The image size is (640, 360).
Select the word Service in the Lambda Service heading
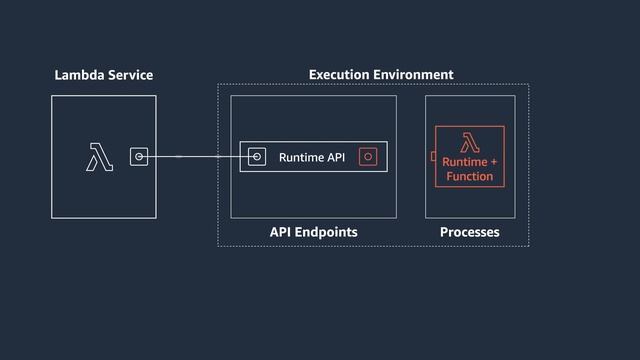(x=130, y=75)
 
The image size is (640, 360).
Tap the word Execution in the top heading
(x=339, y=75)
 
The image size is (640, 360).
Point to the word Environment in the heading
(x=413, y=75)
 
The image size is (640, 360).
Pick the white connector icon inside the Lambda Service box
(x=139, y=156)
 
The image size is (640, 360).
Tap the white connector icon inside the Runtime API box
(x=257, y=157)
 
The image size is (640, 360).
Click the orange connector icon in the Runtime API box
(x=368, y=157)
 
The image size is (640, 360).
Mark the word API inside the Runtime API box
(x=336, y=157)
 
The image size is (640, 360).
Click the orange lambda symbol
(x=469, y=142)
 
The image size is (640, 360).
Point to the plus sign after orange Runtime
(x=493, y=162)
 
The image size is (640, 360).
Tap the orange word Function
(x=470, y=177)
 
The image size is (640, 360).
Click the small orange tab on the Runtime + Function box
(x=432, y=156)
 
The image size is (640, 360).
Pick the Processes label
(x=469, y=232)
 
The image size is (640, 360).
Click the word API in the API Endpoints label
(x=281, y=232)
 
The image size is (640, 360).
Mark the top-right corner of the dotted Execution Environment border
(x=528, y=85)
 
